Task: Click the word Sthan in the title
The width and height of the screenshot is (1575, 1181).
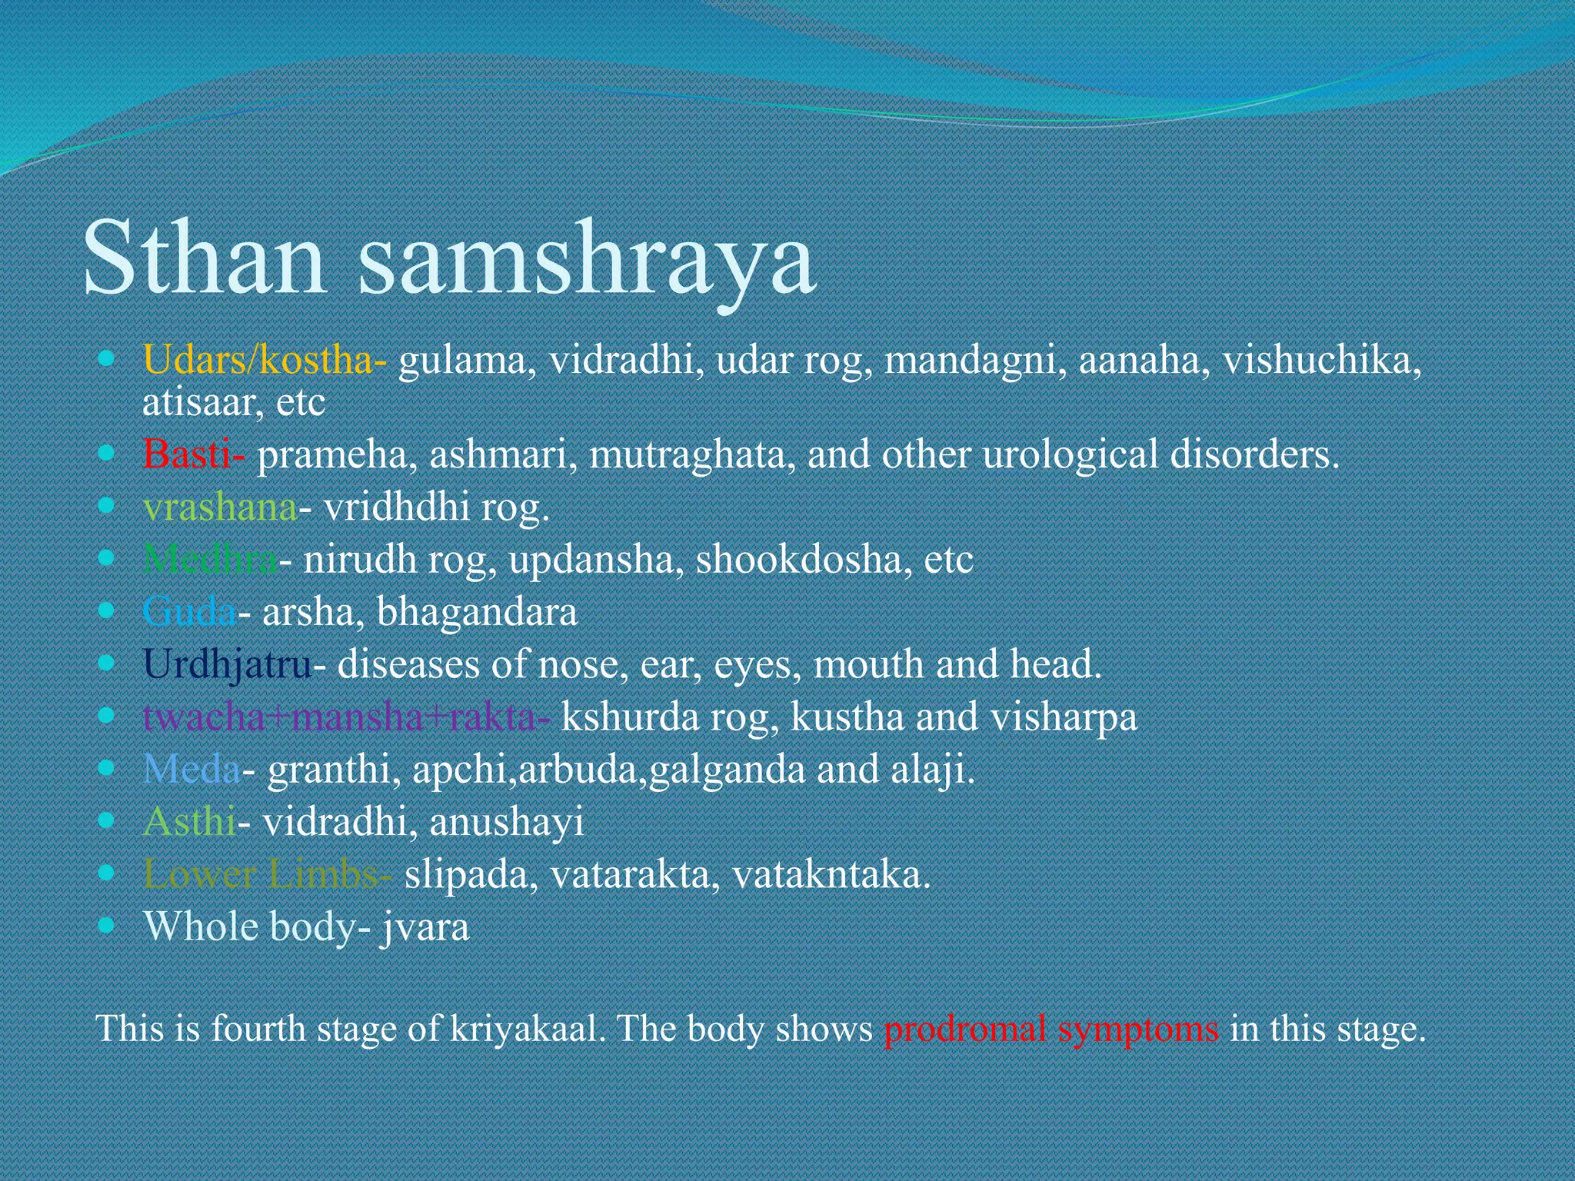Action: tap(204, 258)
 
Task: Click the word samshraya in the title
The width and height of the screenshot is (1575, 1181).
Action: tap(586, 261)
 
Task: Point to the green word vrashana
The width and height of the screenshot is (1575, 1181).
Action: tap(220, 507)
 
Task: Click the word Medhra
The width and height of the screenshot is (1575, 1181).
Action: tap(210, 560)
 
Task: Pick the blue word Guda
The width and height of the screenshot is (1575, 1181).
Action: tap(189, 612)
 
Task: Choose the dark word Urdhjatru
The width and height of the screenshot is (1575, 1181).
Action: tap(228, 664)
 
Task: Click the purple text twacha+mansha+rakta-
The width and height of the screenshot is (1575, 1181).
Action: tap(346, 717)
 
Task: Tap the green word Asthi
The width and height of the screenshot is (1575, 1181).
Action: tap(189, 822)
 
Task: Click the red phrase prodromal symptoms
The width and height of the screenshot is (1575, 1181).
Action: tap(1051, 1029)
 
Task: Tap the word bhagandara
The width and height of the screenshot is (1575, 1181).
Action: tap(477, 612)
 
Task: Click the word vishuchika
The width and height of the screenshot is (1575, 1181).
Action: tap(1321, 360)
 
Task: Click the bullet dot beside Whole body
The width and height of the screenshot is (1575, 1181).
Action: tap(107, 924)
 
